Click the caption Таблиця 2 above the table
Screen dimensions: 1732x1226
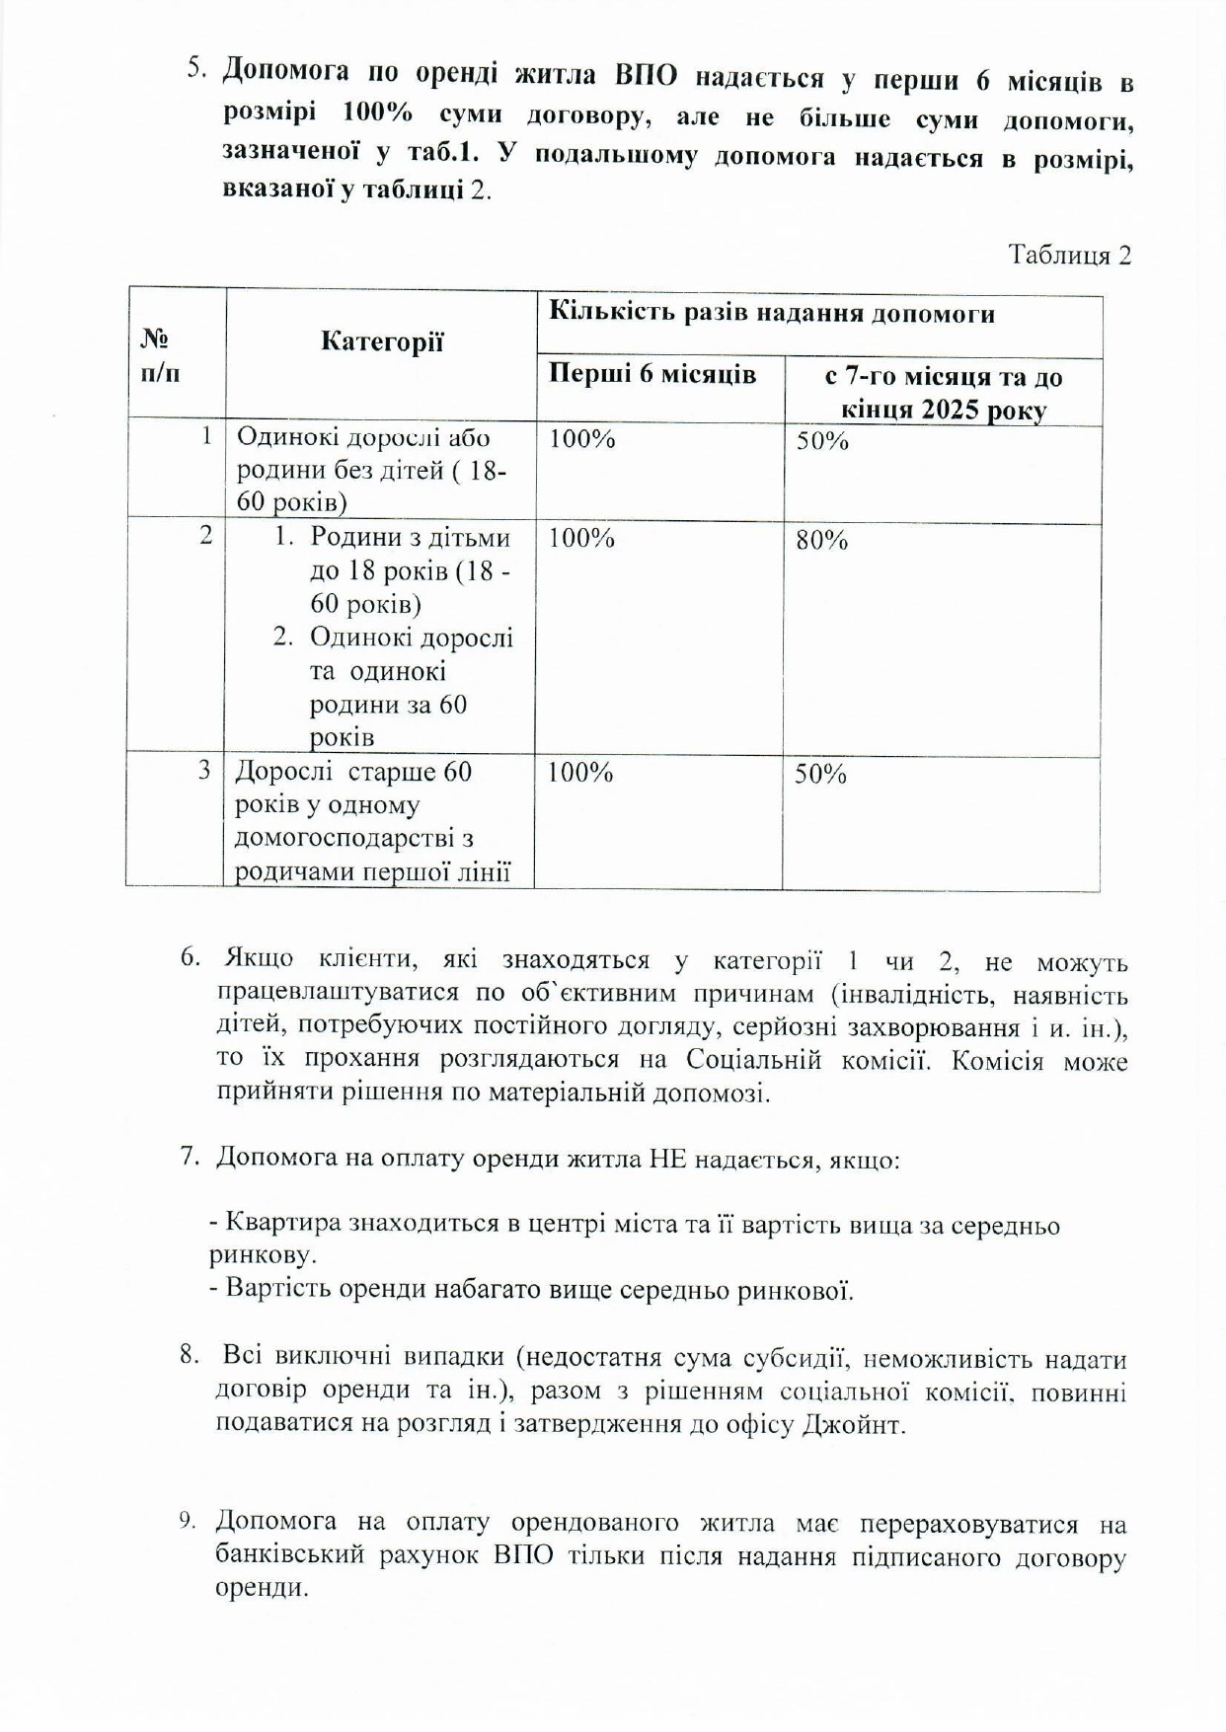(1069, 256)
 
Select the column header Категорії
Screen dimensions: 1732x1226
(382, 342)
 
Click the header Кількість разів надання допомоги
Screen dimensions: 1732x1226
(771, 314)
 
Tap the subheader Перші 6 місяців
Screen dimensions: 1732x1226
(652, 375)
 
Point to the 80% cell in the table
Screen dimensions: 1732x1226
(821, 541)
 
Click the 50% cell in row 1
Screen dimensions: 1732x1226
(822, 441)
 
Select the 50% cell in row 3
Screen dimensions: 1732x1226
(820, 775)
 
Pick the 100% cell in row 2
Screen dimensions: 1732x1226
(581, 539)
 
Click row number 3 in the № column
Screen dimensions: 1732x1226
(204, 770)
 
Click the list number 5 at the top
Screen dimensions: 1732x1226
(196, 69)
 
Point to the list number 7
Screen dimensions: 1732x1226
(190, 1157)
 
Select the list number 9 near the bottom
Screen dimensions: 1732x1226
(188, 1521)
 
